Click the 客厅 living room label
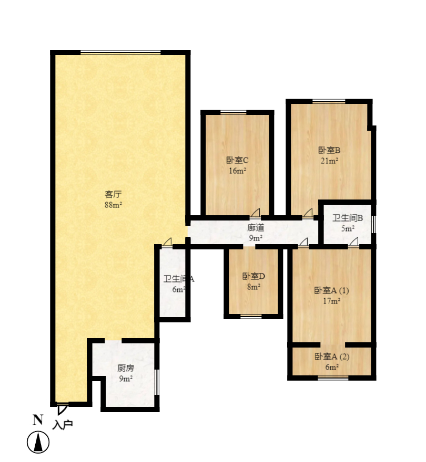coord(113,194)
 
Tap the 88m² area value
coord(113,205)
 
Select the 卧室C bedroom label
coord(237,160)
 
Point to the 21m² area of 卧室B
coord(329,161)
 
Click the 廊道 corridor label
coord(256,228)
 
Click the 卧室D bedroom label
coord(253,276)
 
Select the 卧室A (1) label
coord(331,290)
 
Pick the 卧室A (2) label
coord(331,357)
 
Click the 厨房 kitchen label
coord(125,368)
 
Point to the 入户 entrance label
coord(63,424)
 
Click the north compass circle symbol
coord(38,442)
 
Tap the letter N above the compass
coord(37,419)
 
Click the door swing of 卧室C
coord(255,212)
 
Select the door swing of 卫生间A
coord(167,241)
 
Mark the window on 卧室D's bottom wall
coord(251,317)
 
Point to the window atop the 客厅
coord(120,52)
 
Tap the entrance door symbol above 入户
coord(62,408)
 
